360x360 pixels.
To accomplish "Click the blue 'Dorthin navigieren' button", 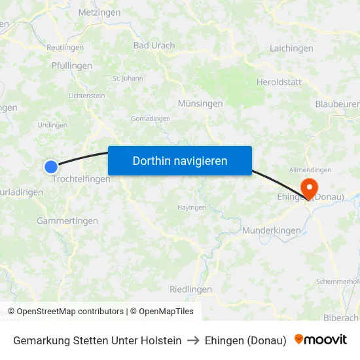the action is click(180, 160).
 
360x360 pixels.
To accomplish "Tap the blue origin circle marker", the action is click(51, 167).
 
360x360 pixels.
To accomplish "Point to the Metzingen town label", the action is click(99, 12).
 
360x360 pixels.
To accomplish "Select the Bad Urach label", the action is click(154, 46).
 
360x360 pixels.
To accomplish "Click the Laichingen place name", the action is click(291, 48).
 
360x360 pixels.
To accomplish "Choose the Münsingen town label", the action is click(200, 103).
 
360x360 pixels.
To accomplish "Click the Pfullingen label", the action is click(71, 66).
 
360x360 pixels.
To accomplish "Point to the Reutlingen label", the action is click(65, 48).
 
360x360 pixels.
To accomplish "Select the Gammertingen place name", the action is click(67, 221).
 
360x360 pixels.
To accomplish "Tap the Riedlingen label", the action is click(190, 289).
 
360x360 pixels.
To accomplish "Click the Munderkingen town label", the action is click(271, 230).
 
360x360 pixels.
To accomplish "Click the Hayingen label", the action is click(192, 207).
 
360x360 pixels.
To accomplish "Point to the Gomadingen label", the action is click(151, 118).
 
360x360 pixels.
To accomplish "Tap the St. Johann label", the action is click(128, 79).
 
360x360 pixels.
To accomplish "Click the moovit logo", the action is click(321, 340).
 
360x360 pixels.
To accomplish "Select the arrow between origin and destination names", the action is click(193, 340).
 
